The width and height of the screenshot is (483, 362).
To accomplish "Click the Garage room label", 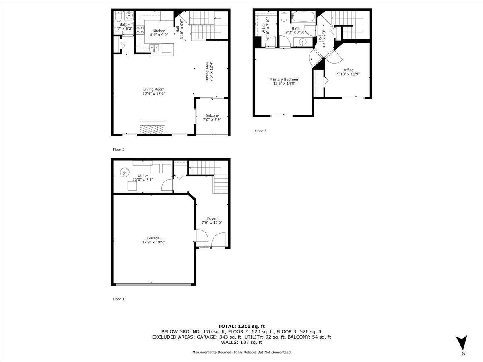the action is [153, 238].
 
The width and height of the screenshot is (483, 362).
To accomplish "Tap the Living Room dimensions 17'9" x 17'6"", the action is [154, 94].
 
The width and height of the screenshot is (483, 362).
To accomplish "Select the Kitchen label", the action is [159, 31].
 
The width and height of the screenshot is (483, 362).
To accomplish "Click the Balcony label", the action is [212, 115].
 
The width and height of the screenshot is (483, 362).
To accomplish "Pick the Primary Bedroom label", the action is [284, 80].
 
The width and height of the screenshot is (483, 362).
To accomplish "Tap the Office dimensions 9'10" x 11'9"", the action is [348, 74].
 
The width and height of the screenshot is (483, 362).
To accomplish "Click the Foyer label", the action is [212, 218].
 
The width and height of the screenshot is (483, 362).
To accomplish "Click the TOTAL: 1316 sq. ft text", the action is [242, 326].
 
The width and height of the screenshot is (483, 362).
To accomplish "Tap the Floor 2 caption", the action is [119, 150].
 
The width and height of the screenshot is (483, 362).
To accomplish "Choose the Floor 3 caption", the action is [260, 131].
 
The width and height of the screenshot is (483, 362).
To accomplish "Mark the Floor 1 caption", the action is [118, 299].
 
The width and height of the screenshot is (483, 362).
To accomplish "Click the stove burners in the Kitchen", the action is [140, 30].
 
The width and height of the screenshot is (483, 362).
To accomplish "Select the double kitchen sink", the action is [154, 47].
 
